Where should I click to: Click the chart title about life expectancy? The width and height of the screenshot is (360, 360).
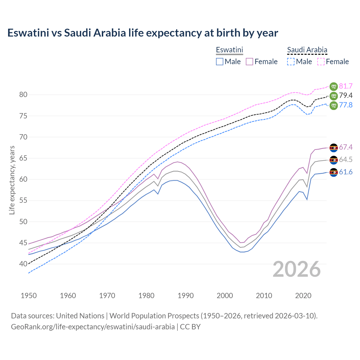point(143,33)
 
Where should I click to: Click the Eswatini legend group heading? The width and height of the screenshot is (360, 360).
point(229,50)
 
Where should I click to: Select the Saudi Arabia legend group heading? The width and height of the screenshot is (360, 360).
point(307,50)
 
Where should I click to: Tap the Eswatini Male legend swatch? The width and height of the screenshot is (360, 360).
point(220,62)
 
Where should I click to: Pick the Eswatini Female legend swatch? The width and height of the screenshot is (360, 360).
point(249,62)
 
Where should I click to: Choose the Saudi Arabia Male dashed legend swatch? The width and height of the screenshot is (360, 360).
point(291,62)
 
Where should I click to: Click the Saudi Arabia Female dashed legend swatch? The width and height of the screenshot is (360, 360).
point(321,62)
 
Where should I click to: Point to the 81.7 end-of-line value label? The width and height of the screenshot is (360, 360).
point(346,86)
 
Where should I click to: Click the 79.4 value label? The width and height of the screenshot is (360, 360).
point(346,96)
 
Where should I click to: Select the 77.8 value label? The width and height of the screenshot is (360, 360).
point(346,105)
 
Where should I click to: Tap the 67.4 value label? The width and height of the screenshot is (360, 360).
point(346,147)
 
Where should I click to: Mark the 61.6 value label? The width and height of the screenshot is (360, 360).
point(346,172)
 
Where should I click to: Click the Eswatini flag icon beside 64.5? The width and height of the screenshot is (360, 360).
point(334,160)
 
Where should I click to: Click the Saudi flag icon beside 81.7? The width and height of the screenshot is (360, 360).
point(334,86)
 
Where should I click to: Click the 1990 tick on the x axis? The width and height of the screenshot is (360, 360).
point(186,296)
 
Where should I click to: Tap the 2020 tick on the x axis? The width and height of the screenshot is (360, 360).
point(303,296)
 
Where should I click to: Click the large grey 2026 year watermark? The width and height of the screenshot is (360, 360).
point(297,269)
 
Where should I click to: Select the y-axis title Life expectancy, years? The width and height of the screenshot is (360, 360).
point(12,180)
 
